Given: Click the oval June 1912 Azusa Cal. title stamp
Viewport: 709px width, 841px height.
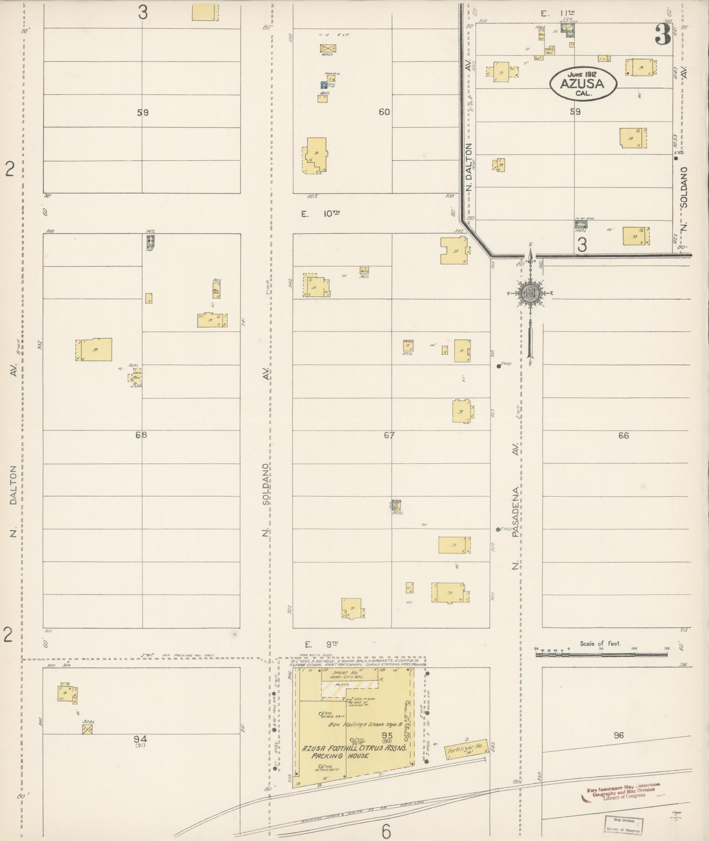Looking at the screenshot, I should pos(582,84).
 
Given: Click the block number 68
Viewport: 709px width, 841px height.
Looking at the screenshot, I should pos(141,435).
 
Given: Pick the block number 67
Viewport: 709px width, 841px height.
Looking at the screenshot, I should pos(389,435).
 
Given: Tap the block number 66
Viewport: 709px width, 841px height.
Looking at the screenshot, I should pos(623,435).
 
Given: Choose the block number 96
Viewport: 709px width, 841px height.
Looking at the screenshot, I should pos(618,735).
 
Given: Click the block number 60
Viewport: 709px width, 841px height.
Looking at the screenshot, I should pos(384,112).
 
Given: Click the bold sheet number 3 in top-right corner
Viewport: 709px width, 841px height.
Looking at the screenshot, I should pos(662,35).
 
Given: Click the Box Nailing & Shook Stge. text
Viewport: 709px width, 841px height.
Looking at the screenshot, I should pos(363,724).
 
